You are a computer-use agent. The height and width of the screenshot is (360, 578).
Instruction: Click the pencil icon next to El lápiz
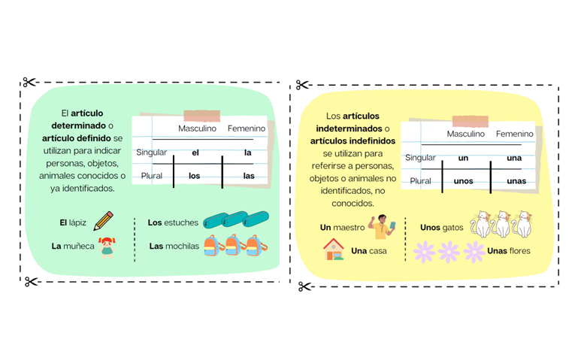pyautogui.click(x=104, y=221)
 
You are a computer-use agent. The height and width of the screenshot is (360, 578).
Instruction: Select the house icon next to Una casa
pyautogui.click(x=334, y=250)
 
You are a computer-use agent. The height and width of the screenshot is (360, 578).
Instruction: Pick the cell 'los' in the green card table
pyautogui.click(x=195, y=176)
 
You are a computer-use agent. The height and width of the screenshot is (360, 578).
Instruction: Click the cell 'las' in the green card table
pyautogui.click(x=249, y=176)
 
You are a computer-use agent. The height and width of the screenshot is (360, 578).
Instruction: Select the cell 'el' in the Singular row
pyautogui.click(x=195, y=153)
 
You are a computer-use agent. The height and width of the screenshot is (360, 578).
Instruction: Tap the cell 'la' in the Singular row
pyautogui.click(x=248, y=153)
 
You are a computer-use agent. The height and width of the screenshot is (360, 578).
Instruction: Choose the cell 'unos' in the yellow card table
pyautogui.click(x=464, y=181)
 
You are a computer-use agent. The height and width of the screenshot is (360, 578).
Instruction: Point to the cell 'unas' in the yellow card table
pyautogui.click(x=516, y=181)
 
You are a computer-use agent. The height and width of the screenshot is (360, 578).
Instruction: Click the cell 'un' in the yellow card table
pyautogui.click(x=464, y=158)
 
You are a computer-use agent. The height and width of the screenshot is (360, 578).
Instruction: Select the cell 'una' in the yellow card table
pyautogui.click(x=514, y=158)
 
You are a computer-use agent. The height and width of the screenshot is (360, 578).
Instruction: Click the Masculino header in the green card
pyautogui.click(x=197, y=129)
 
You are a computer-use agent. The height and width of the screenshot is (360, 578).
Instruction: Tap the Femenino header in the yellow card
pyautogui.click(x=515, y=134)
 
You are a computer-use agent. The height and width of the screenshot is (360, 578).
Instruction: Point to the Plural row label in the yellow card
pyautogui.click(x=420, y=181)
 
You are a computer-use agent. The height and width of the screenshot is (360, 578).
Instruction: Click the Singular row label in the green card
pyautogui.click(x=151, y=153)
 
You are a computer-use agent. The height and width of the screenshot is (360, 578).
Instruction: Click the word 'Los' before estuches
pyautogui.click(x=155, y=222)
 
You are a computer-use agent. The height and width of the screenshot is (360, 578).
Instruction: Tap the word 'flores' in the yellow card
pyautogui.click(x=519, y=251)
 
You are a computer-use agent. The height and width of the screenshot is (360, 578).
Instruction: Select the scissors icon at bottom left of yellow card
pyautogui.click(x=304, y=286)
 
